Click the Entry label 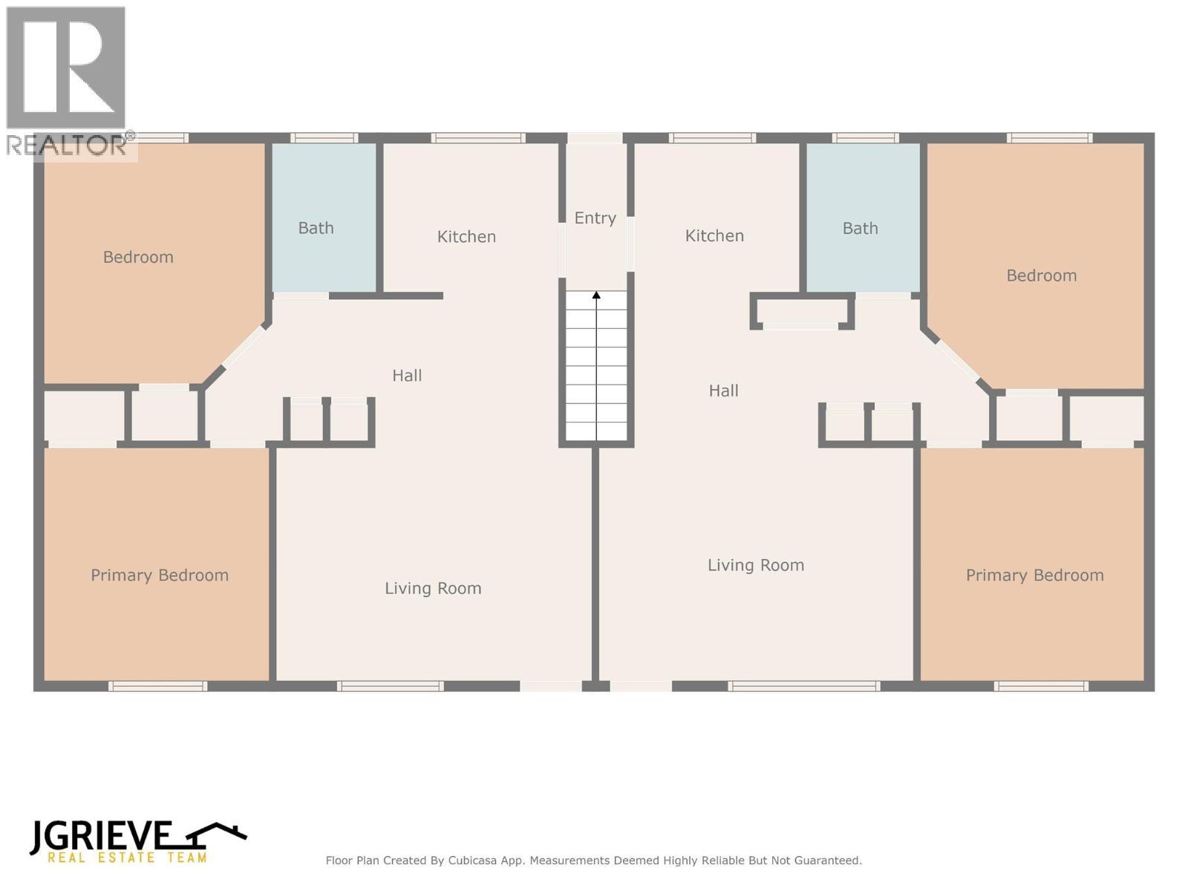pyautogui.click(x=595, y=218)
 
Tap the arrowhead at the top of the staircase pyautogui.click(x=596, y=296)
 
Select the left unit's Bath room pyautogui.click(x=324, y=218)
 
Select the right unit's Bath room pyautogui.click(x=863, y=218)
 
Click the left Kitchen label pyautogui.click(x=466, y=236)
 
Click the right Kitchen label pyautogui.click(x=714, y=235)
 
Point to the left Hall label pyautogui.click(x=407, y=376)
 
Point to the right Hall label pyautogui.click(x=723, y=391)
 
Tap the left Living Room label pyautogui.click(x=433, y=588)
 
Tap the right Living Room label pyautogui.click(x=756, y=565)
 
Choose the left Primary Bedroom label pyautogui.click(x=160, y=575)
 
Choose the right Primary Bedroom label pyautogui.click(x=1034, y=575)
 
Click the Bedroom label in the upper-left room pyautogui.click(x=138, y=257)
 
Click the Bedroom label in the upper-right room pyautogui.click(x=1041, y=275)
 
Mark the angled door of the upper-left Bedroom pyautogui.click(x=244, y=347)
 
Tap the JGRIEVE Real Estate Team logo pyautogui.click(x=137, y=841)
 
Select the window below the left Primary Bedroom pyautogui.click(x=157, y=686)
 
